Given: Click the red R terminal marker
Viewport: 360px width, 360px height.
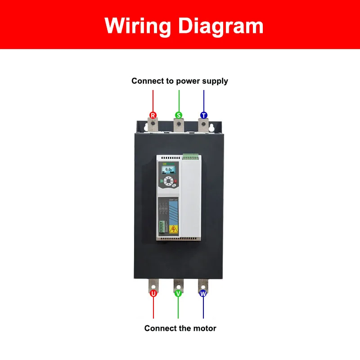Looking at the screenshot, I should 153,115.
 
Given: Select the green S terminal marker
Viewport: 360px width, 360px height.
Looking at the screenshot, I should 179,115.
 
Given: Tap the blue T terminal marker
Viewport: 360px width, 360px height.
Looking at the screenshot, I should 203,115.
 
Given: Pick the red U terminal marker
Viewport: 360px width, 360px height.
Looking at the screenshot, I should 153,293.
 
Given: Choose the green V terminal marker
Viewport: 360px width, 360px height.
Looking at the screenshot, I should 178,293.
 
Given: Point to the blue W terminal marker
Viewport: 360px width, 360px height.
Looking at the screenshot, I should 203,293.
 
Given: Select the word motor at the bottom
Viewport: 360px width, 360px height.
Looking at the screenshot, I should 205,328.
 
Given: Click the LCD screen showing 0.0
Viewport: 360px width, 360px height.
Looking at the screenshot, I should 170,170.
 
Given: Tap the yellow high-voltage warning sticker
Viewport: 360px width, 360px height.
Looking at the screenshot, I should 172,229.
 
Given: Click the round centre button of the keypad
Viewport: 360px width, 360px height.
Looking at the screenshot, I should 168,182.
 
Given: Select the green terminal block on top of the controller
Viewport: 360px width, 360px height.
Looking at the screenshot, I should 190,157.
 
